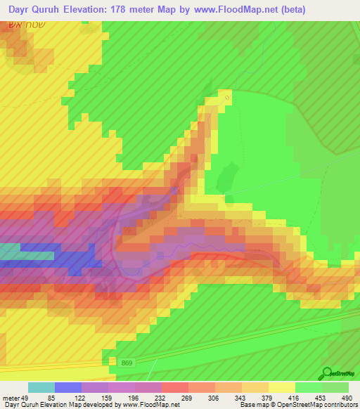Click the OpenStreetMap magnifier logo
327,373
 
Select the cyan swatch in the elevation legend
41,387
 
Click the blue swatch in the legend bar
68,387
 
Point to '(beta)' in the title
333,10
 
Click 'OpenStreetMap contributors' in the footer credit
316,405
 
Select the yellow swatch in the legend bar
282,387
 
